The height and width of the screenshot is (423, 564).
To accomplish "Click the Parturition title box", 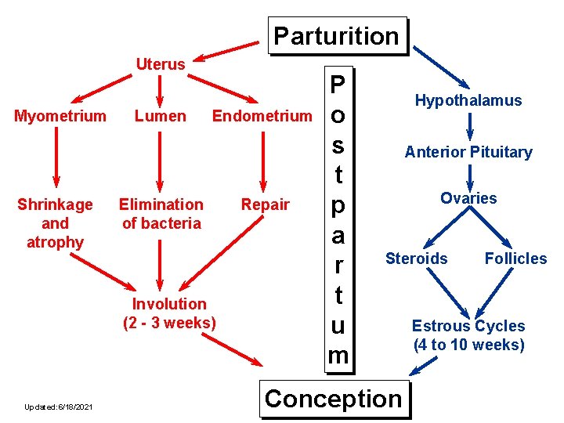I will tap(337, 36).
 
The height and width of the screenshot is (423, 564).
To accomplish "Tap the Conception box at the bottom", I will tap(333, 399).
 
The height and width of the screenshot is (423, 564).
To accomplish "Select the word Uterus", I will tap(161, 64).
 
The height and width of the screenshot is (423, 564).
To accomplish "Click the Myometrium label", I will tap(60, 117).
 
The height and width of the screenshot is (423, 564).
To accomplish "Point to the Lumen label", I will tap(160, 117).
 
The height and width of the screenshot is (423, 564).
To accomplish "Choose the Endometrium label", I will tap(262, 117).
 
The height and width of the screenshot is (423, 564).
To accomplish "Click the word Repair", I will tap(265, 204).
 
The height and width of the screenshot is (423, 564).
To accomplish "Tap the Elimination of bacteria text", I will tap(161, 214).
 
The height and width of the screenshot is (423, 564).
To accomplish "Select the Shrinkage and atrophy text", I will tap(55, 223).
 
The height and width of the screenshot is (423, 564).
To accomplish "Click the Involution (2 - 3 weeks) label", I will tap(169, 313).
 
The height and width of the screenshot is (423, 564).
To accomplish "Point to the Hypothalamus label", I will tap(468, 100).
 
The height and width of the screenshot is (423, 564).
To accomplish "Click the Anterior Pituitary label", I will tap(468, 152).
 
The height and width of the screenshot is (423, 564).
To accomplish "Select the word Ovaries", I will tap(468, 198).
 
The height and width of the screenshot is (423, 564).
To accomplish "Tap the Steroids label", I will tap(417, 258).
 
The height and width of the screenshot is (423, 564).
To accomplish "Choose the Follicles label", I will tap(515, 258).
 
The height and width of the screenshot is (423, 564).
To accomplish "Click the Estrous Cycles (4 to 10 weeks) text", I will tap(468, 335).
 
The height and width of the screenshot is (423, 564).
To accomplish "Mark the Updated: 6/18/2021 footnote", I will tap(58, 407).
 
